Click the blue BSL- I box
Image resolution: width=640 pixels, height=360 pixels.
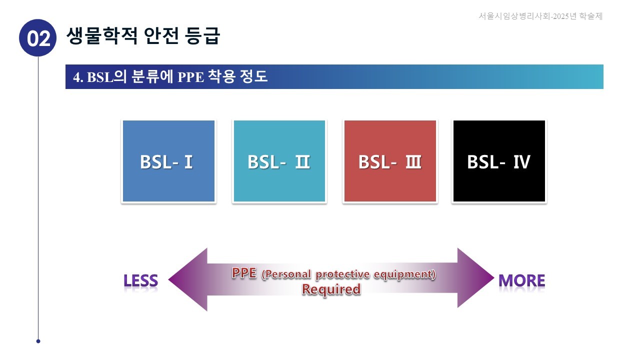(x=168, y=161)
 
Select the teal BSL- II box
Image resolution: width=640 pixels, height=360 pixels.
(x=279, y=161)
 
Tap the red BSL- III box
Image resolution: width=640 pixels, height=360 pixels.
(x=390, y=161)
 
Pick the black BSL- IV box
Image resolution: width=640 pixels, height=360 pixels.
(x=499, y=161)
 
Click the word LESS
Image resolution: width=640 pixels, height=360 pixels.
(x=140, y=281)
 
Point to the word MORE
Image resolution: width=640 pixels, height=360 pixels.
(x=521, y=281)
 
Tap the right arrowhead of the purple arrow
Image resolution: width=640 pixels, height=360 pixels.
(x=475, y=278)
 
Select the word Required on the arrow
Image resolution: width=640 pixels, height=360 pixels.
(x=331, y=289)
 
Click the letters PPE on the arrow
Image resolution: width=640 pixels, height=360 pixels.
(x=244, y=273)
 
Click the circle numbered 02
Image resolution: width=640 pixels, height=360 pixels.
(x=38, y=38)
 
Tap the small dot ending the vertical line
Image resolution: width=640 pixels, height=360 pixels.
(x=38, y=341)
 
